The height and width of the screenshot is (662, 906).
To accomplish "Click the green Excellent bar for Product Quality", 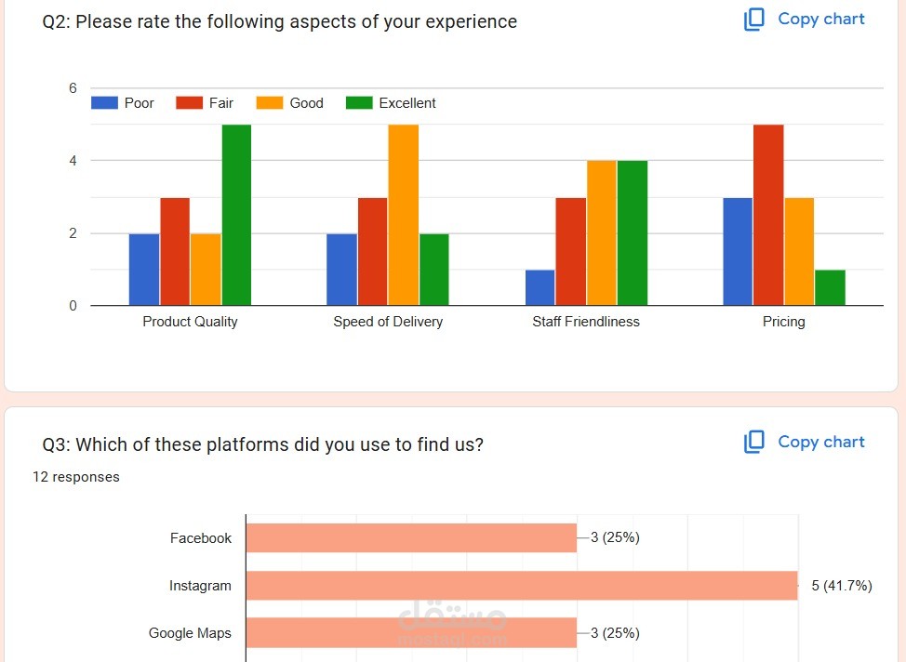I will (236, 215).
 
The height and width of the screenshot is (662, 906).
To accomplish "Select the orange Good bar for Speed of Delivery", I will (403, 215).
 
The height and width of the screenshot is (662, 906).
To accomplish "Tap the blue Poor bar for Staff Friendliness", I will (540, 287).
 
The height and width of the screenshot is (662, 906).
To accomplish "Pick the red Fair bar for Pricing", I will (768, 215).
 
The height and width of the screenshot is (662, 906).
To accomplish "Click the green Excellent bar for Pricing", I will (830, 287).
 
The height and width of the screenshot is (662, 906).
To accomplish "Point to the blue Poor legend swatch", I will (104, 103).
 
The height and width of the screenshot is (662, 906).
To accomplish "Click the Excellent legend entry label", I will (407, 103).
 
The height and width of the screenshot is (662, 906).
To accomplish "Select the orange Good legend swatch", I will (270, 103).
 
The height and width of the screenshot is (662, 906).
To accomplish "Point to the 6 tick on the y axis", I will (73, 88).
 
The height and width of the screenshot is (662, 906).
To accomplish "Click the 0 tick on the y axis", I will (73, 306).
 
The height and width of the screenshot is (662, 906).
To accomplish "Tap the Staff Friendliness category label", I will (586, 322).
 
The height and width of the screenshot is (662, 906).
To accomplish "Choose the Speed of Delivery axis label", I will (388, 322).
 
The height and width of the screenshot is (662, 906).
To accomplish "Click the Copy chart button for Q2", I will (805, 20).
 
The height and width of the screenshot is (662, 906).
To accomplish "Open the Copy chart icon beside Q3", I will (754, 443).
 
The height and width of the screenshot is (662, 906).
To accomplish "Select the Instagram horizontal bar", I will (521, 586).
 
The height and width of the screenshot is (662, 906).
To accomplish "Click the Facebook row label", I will (201, 538).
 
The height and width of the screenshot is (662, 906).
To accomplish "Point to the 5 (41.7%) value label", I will (841, 586).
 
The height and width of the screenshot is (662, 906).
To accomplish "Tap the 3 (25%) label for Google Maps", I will (615, 633).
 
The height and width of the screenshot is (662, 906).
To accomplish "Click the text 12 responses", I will (76, 477).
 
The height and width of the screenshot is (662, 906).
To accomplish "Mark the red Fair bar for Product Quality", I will (175, 251).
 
